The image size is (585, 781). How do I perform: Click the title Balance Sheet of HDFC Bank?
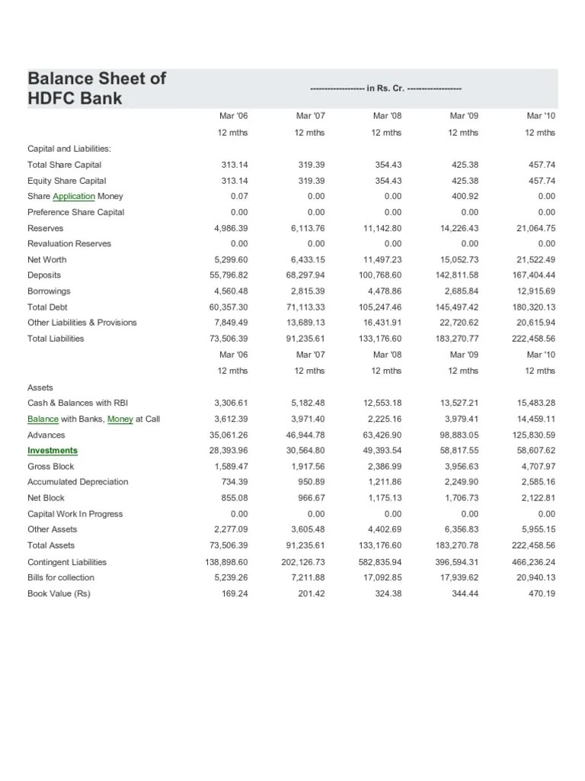[x=97, y=88]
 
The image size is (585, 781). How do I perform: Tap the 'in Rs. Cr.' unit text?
[x=386, y=88]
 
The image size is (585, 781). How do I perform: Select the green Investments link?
[x=53, y=451]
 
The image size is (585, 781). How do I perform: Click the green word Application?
[x=74, y=197]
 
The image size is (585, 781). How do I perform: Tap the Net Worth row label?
[x=47, y=260]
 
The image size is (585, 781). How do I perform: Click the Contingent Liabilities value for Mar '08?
[x=381, y=562]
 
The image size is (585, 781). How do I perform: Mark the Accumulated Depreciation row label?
[x=78, y=482]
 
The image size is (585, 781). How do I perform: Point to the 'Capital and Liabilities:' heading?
[x=69, y=149]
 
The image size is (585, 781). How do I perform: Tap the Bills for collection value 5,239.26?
[x=233, y=577]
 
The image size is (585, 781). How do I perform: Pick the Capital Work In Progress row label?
[x=75, y=514]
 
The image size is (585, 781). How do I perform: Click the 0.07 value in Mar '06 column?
[x=240, y=197]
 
